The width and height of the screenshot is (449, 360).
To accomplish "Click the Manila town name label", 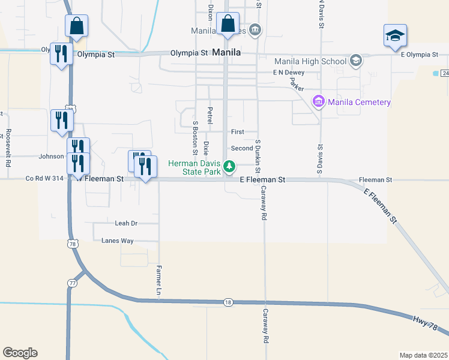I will [227, 53].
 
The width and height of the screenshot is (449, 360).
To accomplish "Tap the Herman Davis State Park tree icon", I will [229, 166].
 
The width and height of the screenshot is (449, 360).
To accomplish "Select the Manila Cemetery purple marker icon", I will [318, 102].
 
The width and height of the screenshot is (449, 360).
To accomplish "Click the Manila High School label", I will [310, 61].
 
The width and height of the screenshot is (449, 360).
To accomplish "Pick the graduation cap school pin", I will [396, 37].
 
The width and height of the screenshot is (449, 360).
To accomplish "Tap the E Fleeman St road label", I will [262, 179].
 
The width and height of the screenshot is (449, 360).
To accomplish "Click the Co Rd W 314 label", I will [45, 179].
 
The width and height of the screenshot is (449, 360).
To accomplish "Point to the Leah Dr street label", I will [126, 223].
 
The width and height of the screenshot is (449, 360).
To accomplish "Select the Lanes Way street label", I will [118, 241].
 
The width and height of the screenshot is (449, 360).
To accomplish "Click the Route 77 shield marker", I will [72, 283].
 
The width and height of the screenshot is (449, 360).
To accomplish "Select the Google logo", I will [20, 353].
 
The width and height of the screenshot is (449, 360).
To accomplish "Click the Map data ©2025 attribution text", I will [423, 355].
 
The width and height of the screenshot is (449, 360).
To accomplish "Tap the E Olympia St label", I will [418, 55].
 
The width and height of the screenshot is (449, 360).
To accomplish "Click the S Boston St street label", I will [195, 137].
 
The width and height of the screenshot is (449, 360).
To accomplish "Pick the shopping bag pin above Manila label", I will [228, 25].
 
